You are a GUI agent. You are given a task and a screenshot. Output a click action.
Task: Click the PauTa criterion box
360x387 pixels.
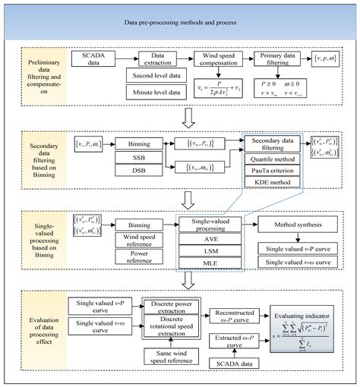click(270, 173)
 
